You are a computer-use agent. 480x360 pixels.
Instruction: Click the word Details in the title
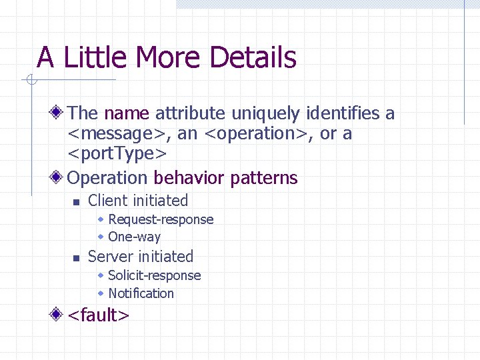(257, 57)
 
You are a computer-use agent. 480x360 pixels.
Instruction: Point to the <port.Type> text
(117, 154)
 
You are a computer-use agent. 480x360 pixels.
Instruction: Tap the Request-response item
(161, 219)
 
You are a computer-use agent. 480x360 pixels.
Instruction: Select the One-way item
(134, 237)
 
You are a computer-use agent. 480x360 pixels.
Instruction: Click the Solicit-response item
(154, 275)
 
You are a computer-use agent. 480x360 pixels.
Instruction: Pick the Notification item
(141, 293)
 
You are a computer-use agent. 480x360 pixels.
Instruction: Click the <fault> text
(99, 315)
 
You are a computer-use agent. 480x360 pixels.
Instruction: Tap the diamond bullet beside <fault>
(59, 313)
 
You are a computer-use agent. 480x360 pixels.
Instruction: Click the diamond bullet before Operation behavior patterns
(59, 177)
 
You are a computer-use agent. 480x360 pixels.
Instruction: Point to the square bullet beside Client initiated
(76, 201)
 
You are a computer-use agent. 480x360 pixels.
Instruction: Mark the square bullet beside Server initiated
(76, 257)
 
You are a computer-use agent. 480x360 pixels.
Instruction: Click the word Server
(108, 257)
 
